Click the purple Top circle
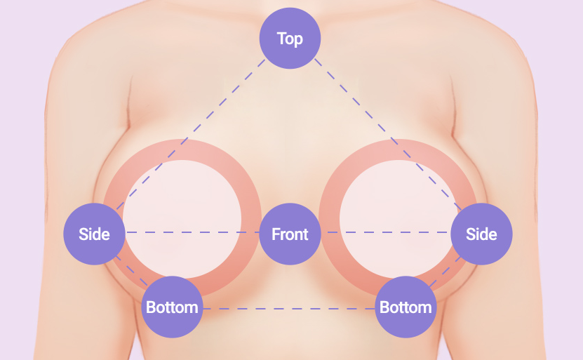click(290, 39)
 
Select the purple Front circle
click(290, 234)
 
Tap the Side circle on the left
click(95, 234)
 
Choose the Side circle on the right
click(481, 234)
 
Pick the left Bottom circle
click(172, 307)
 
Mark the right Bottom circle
click(406, 307)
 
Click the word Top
click(290, 39)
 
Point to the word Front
click(290, 234)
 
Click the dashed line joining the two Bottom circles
click(289, 309)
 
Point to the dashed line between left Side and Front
click(192, 232)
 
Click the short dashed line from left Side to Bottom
click(132, 271)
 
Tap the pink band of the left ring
click(182, 149)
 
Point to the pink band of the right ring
click(398, 149)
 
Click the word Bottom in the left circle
click(172, 307)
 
